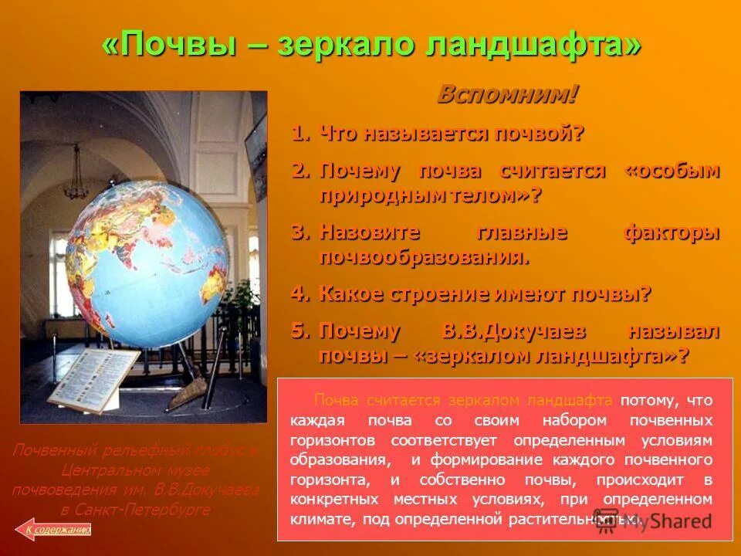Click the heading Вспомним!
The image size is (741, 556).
(x=507, y=95)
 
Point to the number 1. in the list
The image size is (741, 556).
(x=301, y=134)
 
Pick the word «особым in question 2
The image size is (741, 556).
(x=672, y=171)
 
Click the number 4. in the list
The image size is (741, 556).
(x=301, y=294)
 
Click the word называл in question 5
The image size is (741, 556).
(x=674, y=331)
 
